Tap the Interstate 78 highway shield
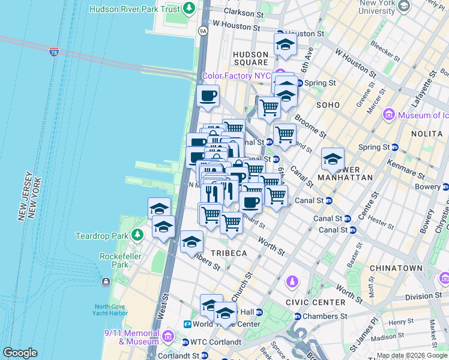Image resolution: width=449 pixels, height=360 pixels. pos(54,51)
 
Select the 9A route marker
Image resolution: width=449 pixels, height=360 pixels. pos(203,31)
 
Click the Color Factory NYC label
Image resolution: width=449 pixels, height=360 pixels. pos(236,76)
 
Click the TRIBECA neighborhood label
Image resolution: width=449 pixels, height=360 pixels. pos(227,253)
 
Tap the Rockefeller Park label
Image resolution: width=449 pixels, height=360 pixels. pos(114,260)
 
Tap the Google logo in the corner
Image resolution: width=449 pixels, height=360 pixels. pos(20,353)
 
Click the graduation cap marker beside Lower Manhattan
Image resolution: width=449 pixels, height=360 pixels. pos(333,159)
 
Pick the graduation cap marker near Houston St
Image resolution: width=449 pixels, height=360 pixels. pos(285,44)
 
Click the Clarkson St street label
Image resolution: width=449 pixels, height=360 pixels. pos(243,12)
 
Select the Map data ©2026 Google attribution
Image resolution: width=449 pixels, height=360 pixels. pos(411,355)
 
